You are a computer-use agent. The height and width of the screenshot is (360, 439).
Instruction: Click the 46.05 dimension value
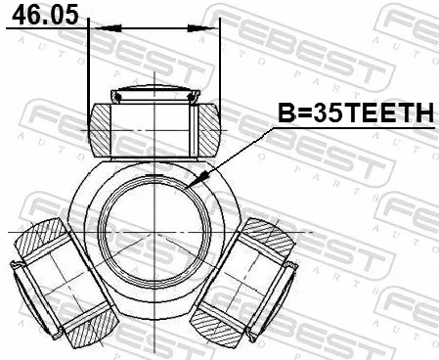45,15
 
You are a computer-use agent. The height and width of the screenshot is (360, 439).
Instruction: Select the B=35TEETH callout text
356,112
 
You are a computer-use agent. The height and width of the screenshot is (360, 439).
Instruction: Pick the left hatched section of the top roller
100,130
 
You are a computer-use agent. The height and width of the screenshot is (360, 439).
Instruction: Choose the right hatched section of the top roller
209,130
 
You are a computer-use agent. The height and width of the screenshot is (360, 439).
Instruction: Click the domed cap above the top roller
154,93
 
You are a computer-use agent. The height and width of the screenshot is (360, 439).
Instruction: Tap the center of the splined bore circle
154,233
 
